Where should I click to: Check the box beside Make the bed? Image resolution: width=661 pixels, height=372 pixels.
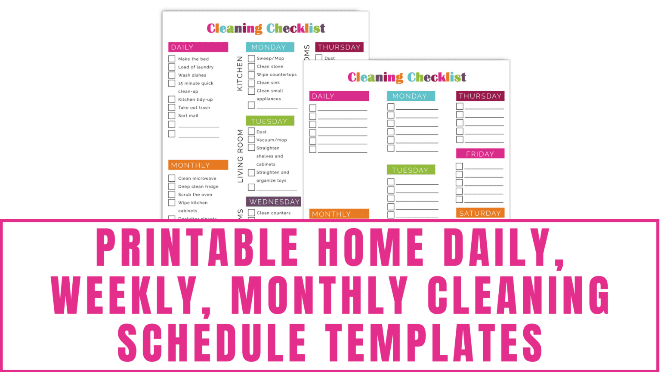[x=172, y=59]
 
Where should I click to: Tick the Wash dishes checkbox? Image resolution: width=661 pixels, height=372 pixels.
[x=172, y=75]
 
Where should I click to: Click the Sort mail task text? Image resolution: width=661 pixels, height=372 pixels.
[x=188, y=116]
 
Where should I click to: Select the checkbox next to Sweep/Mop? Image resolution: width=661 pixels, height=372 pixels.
[x=251, y=59]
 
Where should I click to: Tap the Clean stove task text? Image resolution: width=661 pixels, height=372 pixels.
[x=270, y=67]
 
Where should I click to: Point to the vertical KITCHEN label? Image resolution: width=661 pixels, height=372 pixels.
[x=240, y=74]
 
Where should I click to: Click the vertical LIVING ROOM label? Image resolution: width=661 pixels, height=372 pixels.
[x=240, y=156]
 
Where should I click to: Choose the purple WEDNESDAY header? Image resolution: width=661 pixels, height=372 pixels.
[x=274, y=201]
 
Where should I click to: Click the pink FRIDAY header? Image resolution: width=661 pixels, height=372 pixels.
[x=480, y=154]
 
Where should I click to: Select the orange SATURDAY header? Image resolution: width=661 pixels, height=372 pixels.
[x=480, y=213]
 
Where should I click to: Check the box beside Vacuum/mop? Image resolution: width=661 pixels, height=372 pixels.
[x=251, y=140]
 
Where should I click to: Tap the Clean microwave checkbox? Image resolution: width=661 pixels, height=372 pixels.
[x=172, y=178]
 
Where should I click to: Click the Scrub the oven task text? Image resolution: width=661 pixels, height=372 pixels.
[x=195, y=195]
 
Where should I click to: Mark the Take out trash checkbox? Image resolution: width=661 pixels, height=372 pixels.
[x=172, y=108]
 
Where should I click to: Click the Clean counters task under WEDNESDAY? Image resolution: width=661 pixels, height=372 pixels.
[x=273, y=213]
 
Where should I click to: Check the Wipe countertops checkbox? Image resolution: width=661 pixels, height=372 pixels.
[x=251, y=75]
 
